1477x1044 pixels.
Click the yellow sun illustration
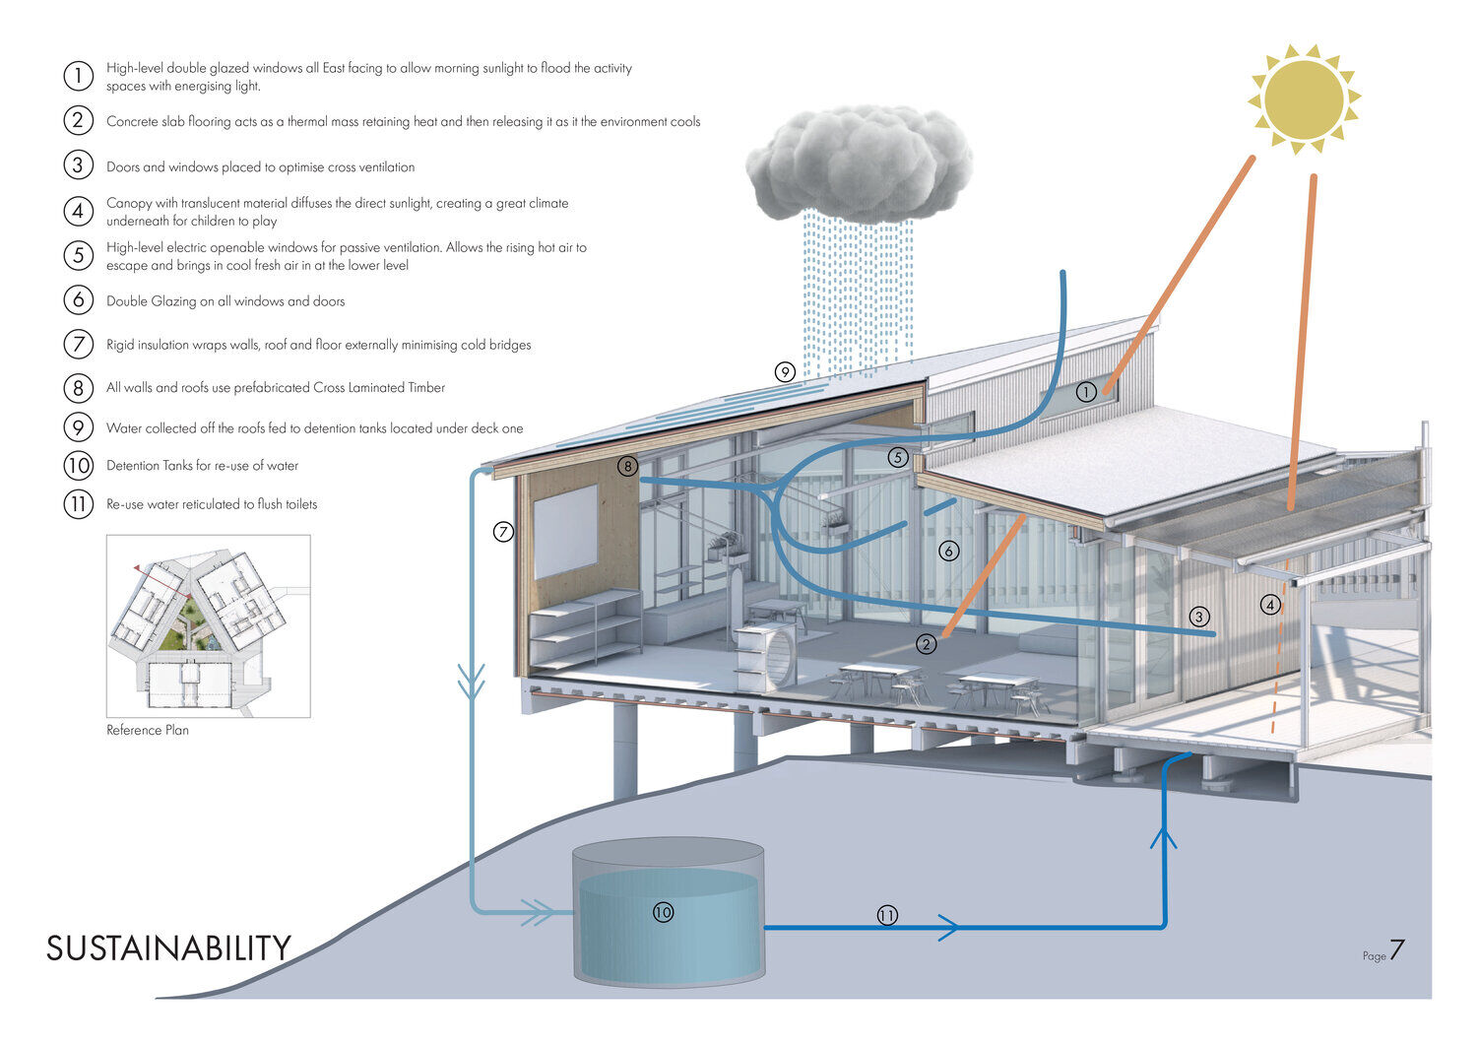point(1304,98)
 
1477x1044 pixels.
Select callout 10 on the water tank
point(663,913)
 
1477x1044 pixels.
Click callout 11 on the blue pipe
point(887,916)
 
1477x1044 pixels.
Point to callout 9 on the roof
point(785,372)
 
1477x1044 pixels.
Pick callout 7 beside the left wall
point(503,533)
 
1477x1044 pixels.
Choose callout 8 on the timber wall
point(627,467)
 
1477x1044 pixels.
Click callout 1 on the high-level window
point(1086,392)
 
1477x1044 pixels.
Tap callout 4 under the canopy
point(1271,605)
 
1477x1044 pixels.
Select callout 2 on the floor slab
point(926,644)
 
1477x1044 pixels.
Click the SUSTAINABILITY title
point(168,948)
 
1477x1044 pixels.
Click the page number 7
point(1396,951)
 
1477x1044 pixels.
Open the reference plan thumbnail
point(208,625)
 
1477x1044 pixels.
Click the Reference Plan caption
point(148,730)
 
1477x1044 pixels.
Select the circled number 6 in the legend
point(78,300)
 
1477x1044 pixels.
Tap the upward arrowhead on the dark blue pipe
point(1164,837)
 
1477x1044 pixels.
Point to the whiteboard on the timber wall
point(565,531)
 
